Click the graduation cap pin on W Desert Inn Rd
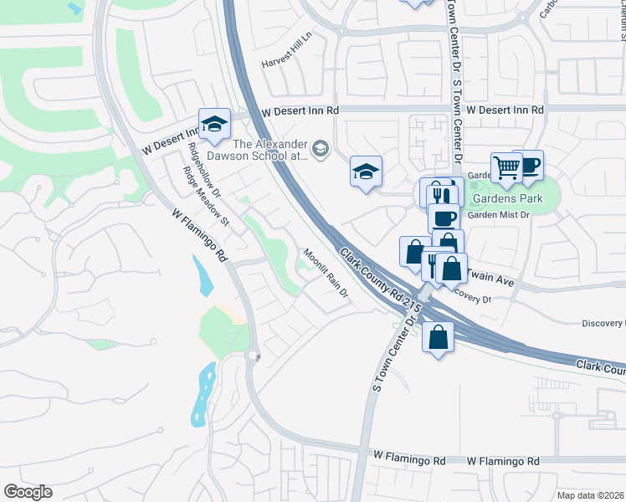(214, 124)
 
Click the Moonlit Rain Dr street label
(325, 274)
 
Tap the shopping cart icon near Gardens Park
(506, 168)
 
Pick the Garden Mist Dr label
(500, 215)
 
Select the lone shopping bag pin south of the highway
(439, 337)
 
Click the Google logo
(28, 491)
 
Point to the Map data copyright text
(590, 495)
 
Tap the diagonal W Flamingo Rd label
(199, 235)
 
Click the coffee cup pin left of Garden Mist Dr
(444, 218)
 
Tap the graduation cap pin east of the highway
(366, 172)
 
